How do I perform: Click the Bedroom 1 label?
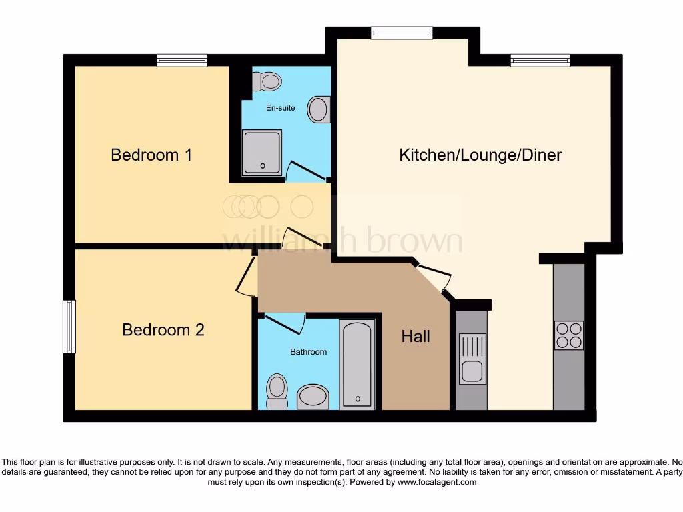point(151,155)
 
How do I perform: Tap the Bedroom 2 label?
point(163,330)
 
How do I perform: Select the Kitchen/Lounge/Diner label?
point(480,155)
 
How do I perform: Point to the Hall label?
point(416,337)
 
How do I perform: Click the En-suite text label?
point(280,108)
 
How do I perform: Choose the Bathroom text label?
point(308,351)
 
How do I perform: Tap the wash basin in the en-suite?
point(319,110)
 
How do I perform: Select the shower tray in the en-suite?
point(261,152)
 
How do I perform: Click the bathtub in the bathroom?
point(357,364)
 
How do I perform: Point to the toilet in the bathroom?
point(276,390)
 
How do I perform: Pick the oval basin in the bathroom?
point(313,397)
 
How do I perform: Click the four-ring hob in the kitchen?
point(568,335)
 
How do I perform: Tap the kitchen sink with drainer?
point(472,359)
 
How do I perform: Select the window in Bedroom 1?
point(182,61)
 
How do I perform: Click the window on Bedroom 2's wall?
point(69,326)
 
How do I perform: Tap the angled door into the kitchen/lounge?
point(433,277)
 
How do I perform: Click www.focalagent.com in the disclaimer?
point(437,482)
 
